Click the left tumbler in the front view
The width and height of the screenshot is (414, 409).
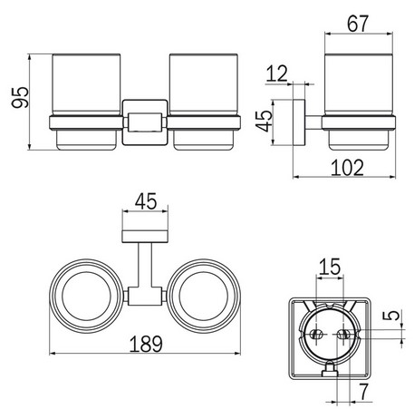(84, 100)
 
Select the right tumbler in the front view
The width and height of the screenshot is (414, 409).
(205, 100)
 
